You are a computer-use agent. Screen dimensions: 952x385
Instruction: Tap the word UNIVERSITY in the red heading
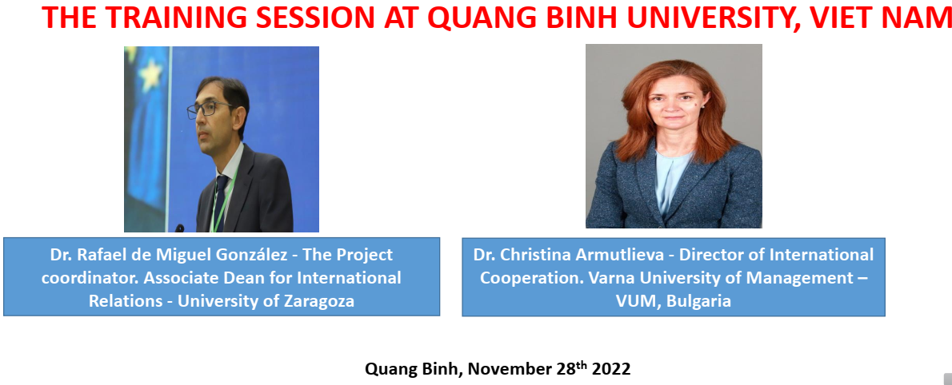[698, 18]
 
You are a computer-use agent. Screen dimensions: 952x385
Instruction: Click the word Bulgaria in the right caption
[698, 301]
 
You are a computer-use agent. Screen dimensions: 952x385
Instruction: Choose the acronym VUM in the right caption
[638, 301]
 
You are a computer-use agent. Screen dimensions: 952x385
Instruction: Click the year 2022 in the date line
[610, 369]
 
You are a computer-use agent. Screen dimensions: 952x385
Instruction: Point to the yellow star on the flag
[150, 74]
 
